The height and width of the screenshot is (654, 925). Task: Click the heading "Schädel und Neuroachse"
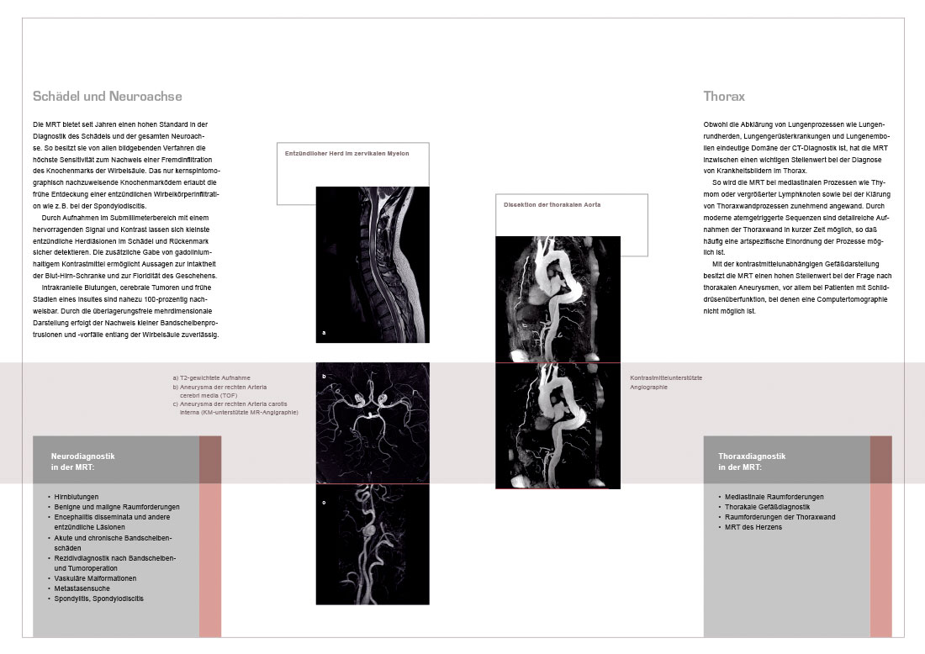pyautogui.click(x=108, y=96)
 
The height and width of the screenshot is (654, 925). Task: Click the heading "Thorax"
pyautogui.click(x=724, y=96)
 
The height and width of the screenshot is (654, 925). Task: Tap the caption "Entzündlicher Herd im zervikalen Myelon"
pyautogui.click(x=346, y=153)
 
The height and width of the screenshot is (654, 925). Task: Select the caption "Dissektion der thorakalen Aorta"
pyautogui.click(x=552, y=204)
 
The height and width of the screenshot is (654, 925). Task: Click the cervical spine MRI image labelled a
pyautogui.click(x=373, y=265)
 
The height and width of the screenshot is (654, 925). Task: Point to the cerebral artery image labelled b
pyautogui.click(x=373, y=423)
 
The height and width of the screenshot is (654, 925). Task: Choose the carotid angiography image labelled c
pyautogui.click(x=373, y=545)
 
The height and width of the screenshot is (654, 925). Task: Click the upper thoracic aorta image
pyautogui.click(x=558, y=299)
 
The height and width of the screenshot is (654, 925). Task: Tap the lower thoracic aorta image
pyautogui.click(x=558, y=426)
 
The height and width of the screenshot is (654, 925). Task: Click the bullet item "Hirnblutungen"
pyautogui.click(x=76, y=497)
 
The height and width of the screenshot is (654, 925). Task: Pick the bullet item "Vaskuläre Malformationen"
pyautogui.click(x=95, y=578)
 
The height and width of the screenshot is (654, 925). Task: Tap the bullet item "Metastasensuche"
pyautogui.click(x=82, y=588)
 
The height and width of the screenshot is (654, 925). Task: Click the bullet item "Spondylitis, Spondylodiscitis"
pyautogui.click(x=98, y=599)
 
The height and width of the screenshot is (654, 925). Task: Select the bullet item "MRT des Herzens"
pyautogui.click(x=753, y=527)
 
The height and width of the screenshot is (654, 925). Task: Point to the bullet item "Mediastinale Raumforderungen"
pyautogui.click(x=774, y=497)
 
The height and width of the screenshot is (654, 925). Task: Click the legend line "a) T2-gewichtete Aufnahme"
pyautogui.click(x=211, y=378)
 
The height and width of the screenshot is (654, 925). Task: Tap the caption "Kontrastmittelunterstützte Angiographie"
pyautogui.click(x=666, y=382)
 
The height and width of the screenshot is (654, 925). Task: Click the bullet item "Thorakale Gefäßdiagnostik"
pyautogui.click(x=767, y=507)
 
